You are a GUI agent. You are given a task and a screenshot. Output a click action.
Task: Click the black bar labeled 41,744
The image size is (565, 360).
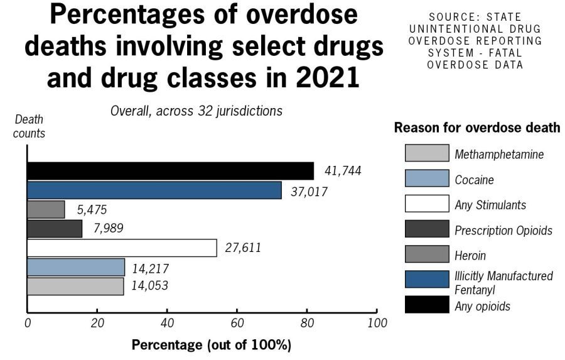tap(169, 171)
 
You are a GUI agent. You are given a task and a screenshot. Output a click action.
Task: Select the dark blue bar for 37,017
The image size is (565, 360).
tap(154, 190)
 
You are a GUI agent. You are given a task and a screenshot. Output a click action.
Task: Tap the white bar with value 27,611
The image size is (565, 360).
tap(121, 248)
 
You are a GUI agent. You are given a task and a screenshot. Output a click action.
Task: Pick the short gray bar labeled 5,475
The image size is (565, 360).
tap(46, 209)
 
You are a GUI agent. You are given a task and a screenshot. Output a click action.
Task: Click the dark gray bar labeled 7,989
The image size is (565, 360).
tap(55, 229)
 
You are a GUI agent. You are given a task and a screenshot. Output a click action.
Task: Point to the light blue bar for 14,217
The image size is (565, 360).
tap(75, 267)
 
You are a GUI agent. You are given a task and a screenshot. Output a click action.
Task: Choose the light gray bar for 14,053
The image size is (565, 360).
tap(75, 286)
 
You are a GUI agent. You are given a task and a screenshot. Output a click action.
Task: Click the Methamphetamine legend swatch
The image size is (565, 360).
tap(427, 153)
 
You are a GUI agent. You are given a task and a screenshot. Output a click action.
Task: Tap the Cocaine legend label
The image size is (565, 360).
tap(474, 180)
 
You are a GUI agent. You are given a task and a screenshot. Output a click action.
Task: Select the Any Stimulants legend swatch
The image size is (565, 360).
tap(427, 204)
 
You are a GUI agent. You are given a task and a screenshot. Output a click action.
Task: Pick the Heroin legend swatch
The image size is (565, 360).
tap(427, 254)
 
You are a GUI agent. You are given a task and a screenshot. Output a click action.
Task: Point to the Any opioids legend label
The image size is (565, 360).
tap(482, 307)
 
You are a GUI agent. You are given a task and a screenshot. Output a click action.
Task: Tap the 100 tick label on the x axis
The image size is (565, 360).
tap(376, 323)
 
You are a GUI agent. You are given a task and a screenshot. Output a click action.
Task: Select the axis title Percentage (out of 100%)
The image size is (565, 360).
tap(212, 345)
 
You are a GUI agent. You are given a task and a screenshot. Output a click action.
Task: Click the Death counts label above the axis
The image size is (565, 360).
tap(30, 126)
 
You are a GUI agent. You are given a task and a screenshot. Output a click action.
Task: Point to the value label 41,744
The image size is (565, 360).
tap(343, 171)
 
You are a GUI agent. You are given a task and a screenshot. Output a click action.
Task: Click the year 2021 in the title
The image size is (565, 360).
tap(319, 79)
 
